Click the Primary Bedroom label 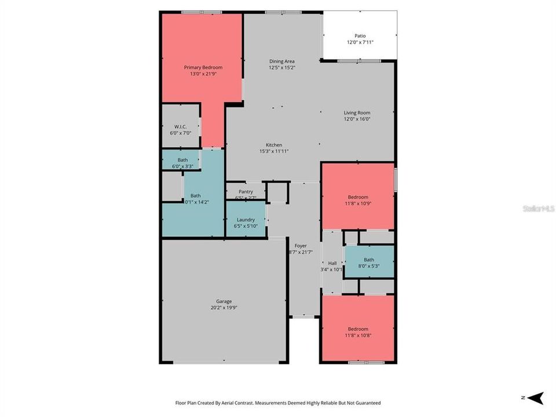pos(203,68)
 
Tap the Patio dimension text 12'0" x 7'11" pos(360,42)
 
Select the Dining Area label pos(281,61)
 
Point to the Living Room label pos(357,113)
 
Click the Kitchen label pos(273,145)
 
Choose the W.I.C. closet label pos(180,126)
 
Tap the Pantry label pos(246,192)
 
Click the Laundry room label pos(246,220)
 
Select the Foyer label pos(301,246)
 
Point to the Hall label pos(332,263)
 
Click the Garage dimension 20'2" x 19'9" pos(224,308)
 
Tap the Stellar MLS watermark pos(539,208)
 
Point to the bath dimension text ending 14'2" pos(196,202)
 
